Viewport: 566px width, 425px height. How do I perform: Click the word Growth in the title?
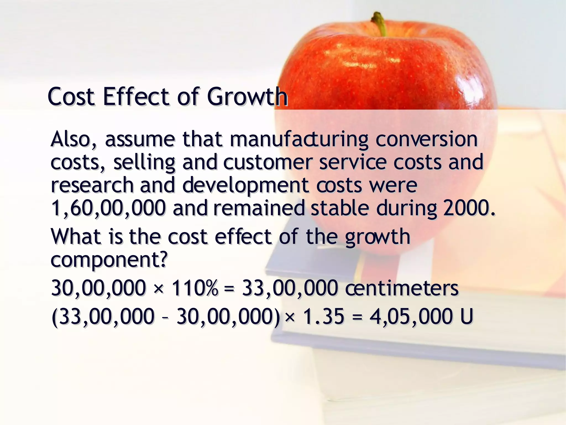(247, 97)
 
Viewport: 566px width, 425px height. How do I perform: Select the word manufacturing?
(299, 139)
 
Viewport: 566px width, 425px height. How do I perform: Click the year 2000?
(469, 208)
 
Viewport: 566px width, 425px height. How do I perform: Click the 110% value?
(195, 288)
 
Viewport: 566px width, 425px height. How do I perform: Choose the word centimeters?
(402, 288)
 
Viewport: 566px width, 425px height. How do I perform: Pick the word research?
(92, 185)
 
